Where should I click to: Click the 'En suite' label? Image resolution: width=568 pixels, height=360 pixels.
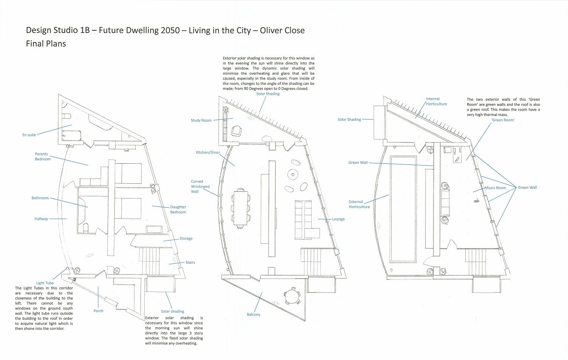tap(29, 135)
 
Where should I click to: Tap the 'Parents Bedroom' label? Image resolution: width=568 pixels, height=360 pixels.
tap(42, 157)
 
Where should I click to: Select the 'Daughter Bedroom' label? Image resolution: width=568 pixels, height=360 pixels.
tap(178, 210)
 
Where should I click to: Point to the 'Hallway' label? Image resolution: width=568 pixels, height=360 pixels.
tap(41, 219)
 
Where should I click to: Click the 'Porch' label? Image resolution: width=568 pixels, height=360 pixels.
tap(98, 311)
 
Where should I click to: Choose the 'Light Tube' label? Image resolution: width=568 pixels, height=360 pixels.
tap(45, 283)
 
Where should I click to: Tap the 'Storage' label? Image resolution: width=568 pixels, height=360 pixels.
tap(186, 239)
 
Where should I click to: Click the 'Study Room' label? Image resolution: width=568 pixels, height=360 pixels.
tap(201, 121)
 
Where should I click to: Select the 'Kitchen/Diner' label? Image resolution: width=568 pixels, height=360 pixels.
tap(208, 152)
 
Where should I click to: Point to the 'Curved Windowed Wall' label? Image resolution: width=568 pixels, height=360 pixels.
tap(200, 186)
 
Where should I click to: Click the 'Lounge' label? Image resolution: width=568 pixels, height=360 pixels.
tap(339, 219)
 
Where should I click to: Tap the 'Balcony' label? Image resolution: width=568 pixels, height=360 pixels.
tap(254, 315)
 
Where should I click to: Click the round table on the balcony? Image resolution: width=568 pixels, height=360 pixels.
tap(292, 296)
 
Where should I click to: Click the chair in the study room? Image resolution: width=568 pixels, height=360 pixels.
tap(236, 131)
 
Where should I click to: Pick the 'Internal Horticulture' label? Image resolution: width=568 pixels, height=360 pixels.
tap(436, 102)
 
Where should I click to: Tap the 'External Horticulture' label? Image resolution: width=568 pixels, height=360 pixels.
tap(359, 204)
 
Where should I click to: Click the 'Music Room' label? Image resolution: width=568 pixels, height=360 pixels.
tap(496, 188)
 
